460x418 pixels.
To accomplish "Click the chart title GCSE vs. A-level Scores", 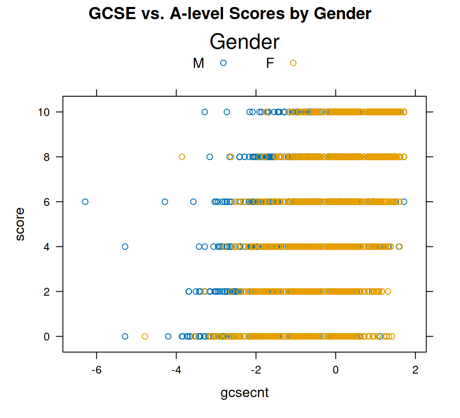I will point(230,14).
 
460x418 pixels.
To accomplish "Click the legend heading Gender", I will point(244,42).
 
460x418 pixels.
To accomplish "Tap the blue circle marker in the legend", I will point(223,63).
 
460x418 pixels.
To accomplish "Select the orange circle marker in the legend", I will point(293,63).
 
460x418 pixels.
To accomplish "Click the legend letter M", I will point(198,64).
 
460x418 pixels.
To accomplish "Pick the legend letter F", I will point(270,64).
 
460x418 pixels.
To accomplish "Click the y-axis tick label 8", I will point(48,157).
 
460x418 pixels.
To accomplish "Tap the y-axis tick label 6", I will point(48,202).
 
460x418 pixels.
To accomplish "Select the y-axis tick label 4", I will point(48,246).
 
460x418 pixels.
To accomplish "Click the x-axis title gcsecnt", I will point(244,393).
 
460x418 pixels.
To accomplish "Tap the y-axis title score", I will point(20,224).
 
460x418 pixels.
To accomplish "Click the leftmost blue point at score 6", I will point(85,202).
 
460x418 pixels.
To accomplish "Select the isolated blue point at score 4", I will point(125,246).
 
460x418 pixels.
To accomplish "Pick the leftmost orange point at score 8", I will point(182,157).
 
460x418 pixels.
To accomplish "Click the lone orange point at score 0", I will point(145,336).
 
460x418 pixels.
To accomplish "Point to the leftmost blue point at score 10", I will point(205,112).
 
